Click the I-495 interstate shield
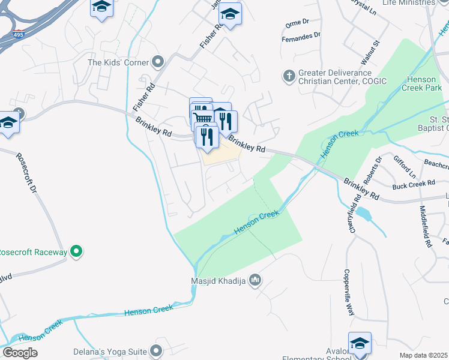tap(19, 34)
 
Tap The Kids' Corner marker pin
tap(158, 61)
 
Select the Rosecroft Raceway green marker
tap(76, 252)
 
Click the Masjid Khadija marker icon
tap(255, 280)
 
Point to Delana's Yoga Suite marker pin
tap(157, 350)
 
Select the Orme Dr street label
tap(297, 23)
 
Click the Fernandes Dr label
tap(303, 39)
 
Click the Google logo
tap(20, 353)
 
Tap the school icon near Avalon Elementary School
tap(360, 343)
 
